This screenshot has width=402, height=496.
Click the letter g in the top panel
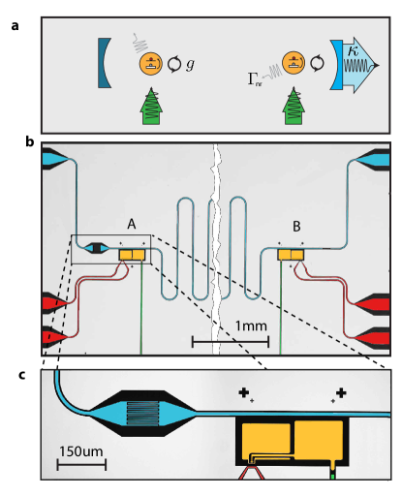pos(190,65)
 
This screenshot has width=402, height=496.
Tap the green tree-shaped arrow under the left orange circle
pos(150,105)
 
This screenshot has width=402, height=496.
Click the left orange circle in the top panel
pos(150,64)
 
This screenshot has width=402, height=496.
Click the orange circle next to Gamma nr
pos(291,64)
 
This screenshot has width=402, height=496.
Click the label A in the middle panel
pos(131,225)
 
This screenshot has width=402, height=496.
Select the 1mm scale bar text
pos(250,326)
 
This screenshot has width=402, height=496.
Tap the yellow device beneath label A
pos(132,254)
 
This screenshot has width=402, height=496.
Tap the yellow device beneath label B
pos(292,254)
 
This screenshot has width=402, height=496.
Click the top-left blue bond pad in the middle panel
pos(54,156)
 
